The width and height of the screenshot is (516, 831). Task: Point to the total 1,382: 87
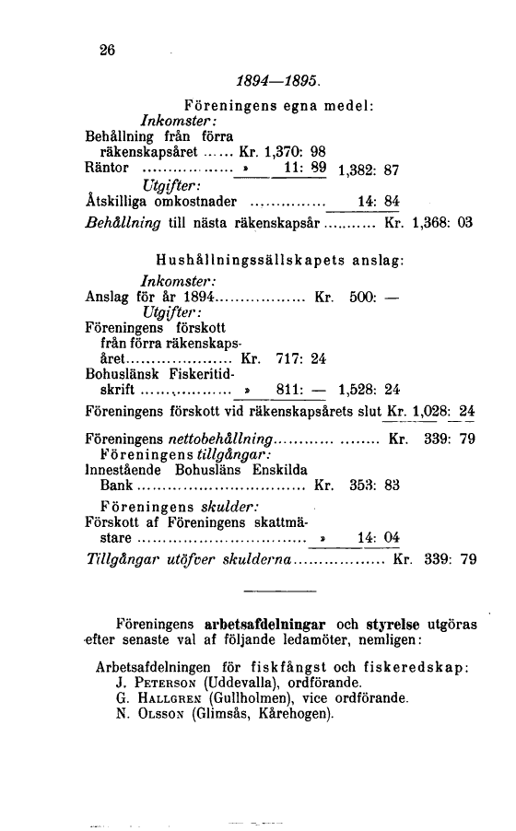(376, 171)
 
